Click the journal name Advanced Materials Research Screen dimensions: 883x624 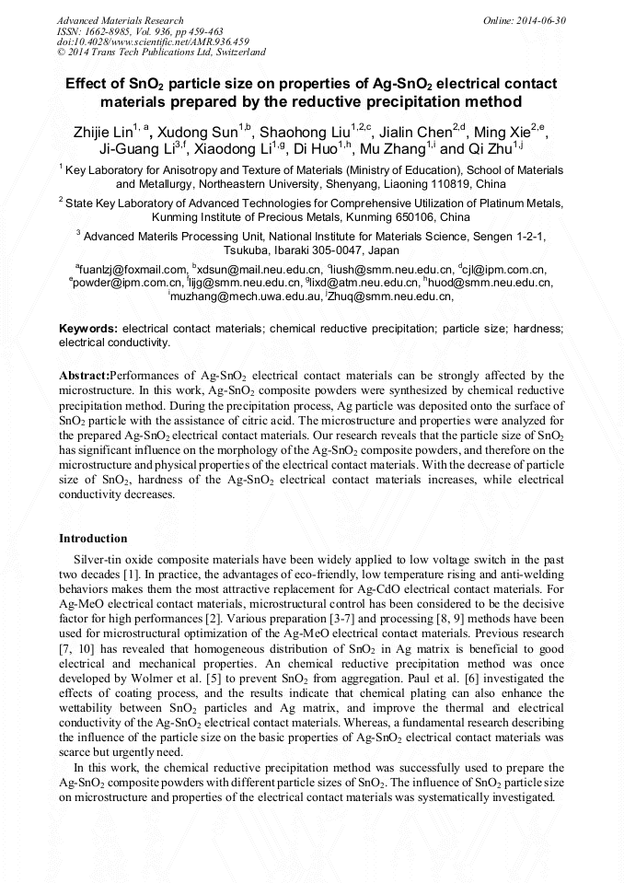point(121,20)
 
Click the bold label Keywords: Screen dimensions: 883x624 point(88,329)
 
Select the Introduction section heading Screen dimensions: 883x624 point(93,539)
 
